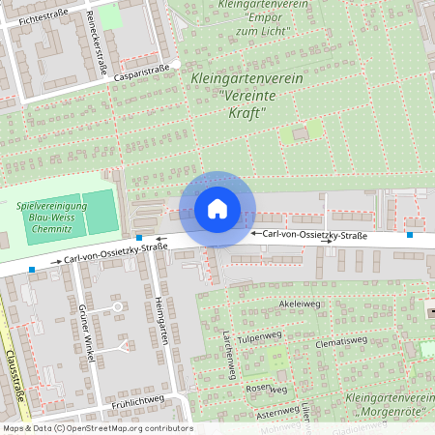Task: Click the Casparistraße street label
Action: (141, 72)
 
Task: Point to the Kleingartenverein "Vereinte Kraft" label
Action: (241, 95)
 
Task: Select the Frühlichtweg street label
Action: (138, 400)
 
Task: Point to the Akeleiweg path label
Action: (299, 304)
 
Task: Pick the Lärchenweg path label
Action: (230, 354)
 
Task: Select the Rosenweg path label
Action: (268, 389)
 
